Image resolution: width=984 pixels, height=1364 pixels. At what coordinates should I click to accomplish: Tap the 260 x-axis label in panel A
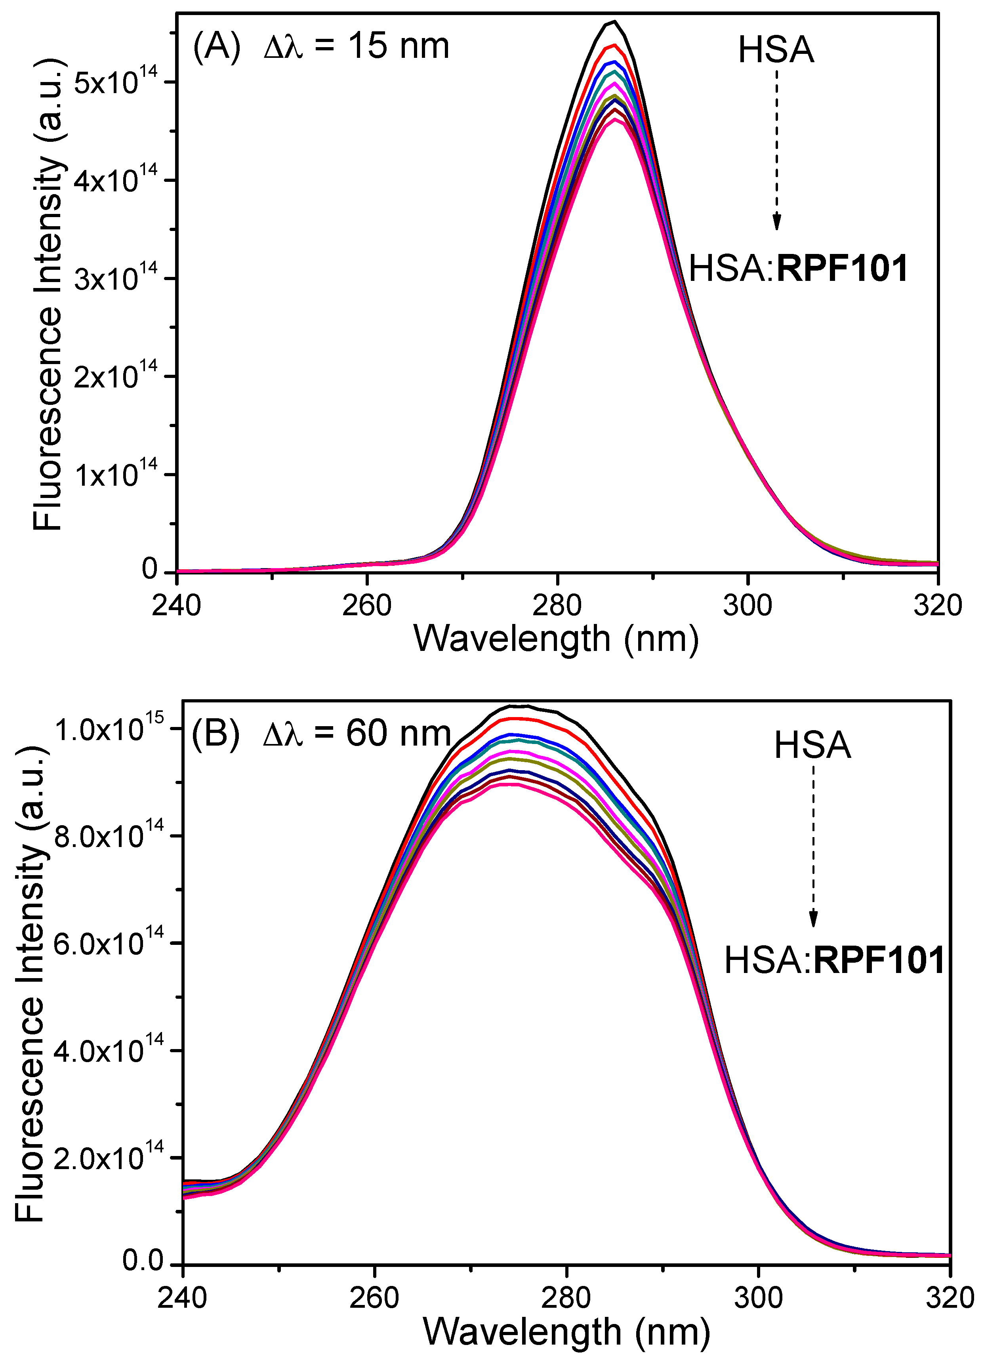366,605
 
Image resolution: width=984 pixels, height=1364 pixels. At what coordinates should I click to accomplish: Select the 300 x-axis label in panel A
747,605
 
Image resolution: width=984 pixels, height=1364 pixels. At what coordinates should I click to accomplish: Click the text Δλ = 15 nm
357,46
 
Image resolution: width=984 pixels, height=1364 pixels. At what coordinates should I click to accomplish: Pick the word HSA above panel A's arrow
776,50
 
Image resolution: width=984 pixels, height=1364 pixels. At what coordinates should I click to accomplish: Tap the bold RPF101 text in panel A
842,269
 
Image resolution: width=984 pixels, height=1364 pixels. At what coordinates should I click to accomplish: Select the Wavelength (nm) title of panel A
556,639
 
